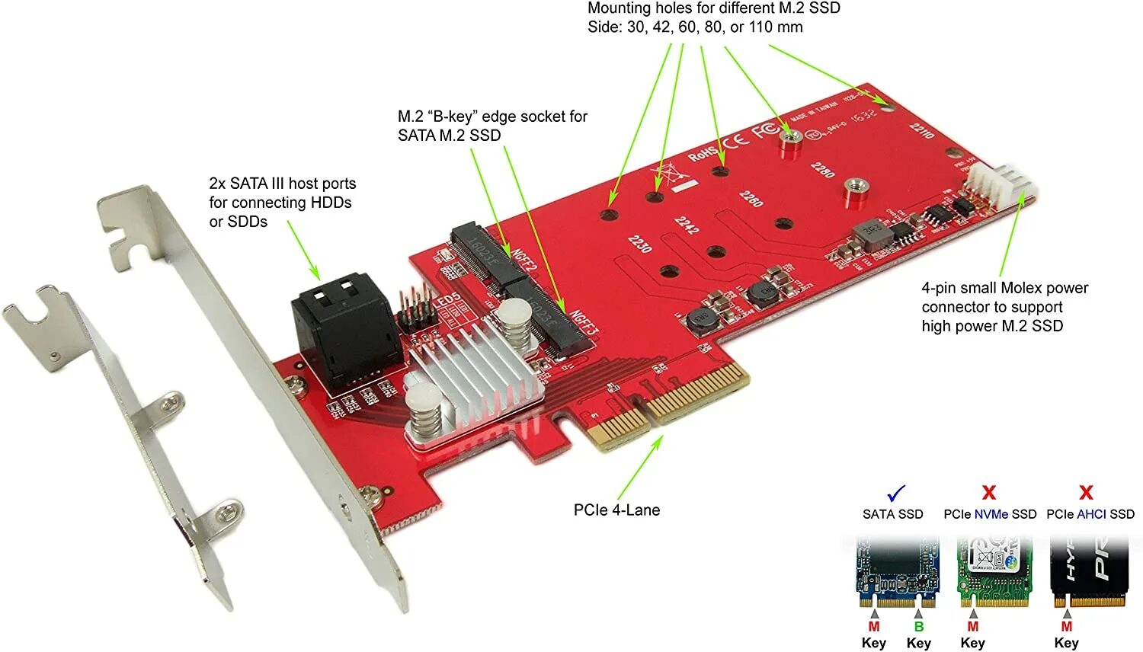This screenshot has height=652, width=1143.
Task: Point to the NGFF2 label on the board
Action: click(524, 264)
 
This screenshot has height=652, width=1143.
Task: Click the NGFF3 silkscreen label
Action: click(584, 323)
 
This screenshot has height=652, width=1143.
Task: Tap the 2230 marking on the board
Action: click(639, 244)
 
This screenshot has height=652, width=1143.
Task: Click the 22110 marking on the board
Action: click(922, 130)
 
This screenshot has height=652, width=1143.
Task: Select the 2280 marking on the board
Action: click(822, 169)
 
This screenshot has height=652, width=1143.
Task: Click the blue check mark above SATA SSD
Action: click(897, 492)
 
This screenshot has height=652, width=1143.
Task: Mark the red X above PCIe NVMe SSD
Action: click(989, 492)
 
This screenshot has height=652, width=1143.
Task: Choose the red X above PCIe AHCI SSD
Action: click(1087, 492)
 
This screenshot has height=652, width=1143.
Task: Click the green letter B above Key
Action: click(919, 626)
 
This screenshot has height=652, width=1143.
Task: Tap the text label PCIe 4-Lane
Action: click(616, 510)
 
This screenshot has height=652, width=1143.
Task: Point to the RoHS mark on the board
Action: click(703, 152)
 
